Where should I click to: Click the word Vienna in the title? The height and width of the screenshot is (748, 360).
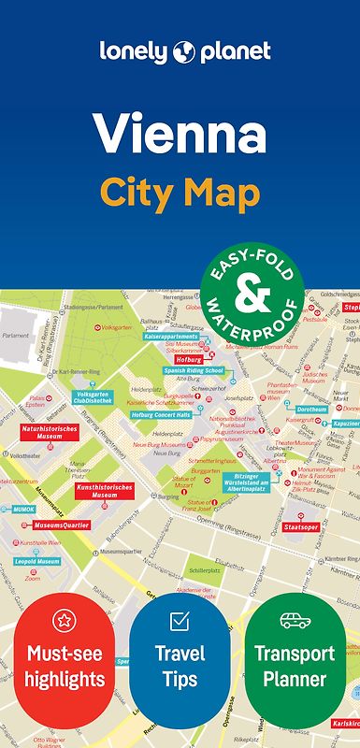point(180,134)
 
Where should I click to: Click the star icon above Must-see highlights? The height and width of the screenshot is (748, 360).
point(64,620)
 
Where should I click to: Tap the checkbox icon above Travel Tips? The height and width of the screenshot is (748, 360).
point(180,620)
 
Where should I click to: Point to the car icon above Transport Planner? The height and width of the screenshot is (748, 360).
point(295,620)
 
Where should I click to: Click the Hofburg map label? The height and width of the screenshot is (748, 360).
point(189,358)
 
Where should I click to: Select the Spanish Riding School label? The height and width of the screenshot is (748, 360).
point(194,370)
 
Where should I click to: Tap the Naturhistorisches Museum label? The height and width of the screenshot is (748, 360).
point(48,433)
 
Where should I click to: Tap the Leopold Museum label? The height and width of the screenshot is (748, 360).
point(37,562)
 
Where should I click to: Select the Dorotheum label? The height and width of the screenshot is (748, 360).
point(311,410)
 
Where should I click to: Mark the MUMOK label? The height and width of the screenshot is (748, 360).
point(23,510)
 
